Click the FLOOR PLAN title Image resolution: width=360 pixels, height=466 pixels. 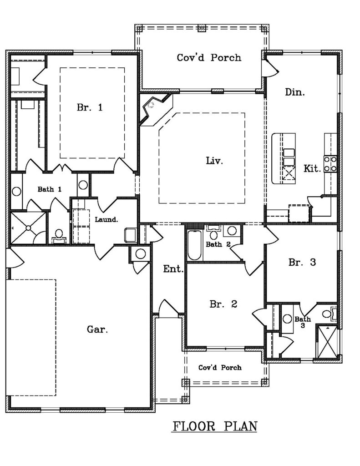coord(215,426)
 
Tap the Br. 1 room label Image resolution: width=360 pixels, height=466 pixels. coord(90,107)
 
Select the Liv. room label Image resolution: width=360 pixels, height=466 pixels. coord(214,161)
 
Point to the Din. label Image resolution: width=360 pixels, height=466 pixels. coord(295,92)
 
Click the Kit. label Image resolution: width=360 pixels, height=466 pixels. coord(312,168)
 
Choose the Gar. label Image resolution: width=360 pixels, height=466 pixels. coord(97,329)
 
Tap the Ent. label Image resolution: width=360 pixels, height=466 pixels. coord(173,269)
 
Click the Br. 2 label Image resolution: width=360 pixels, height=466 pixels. coord(223,304)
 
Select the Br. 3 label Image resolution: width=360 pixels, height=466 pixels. coord(302,262)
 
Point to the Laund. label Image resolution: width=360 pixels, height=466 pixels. coord(106,220)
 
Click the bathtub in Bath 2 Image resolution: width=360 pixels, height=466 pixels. coord(195,245)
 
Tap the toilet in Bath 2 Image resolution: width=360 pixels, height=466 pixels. coord(213,233)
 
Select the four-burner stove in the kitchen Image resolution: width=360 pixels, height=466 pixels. coord(330,164)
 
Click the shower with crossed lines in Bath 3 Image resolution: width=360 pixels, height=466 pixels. coord(327,342)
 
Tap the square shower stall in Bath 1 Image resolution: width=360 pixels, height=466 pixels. coord(28,228)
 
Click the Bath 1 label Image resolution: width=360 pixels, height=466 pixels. coord(50,189)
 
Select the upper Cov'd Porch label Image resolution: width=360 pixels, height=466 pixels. coord(209,57)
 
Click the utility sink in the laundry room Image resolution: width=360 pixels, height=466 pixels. coord(131,235)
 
